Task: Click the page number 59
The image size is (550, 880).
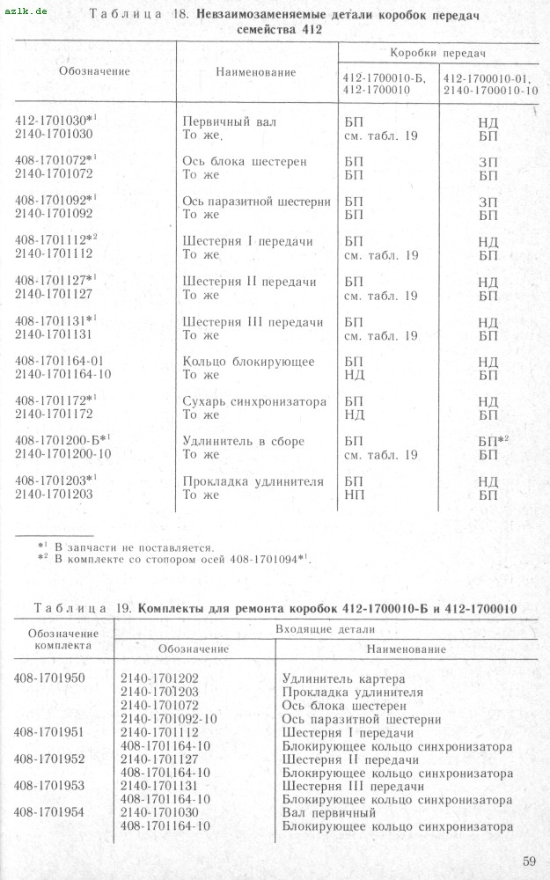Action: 528,860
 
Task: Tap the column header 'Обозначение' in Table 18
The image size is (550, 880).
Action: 94,71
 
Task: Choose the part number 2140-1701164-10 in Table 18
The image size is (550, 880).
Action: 62,375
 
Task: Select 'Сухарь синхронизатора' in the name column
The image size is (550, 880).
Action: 253,401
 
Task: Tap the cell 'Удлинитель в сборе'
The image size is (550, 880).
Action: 243,441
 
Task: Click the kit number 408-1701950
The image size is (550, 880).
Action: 50,678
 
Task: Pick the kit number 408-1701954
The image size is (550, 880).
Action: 50,813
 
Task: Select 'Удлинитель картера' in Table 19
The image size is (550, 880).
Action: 343,678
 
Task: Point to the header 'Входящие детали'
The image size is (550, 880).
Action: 325,629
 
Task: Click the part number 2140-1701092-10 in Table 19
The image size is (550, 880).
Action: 169,719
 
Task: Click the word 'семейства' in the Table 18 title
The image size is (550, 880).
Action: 268,29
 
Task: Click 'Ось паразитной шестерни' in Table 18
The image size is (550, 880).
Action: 256,201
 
